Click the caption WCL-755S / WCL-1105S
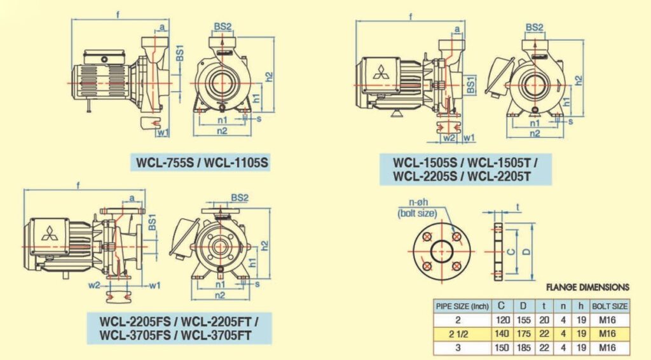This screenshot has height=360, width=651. (202, 163)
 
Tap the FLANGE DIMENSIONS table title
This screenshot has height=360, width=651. (587, 287)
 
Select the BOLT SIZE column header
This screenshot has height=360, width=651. (610, 306)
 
